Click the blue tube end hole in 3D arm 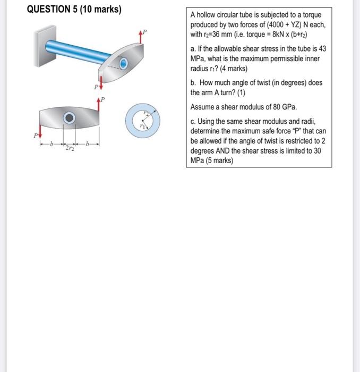(123, 64)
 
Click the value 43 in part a (324, 49)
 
